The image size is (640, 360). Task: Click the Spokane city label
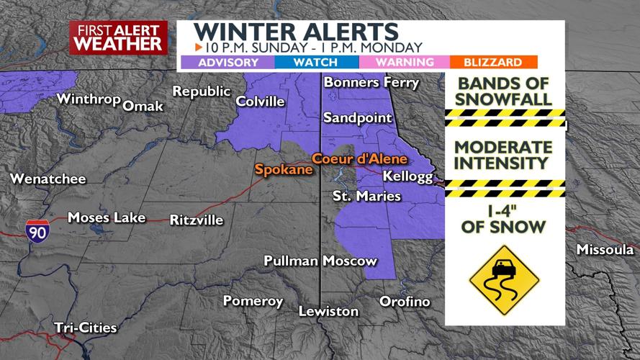pyautogui.click(x=284, y=170)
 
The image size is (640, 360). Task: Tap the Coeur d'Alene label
pyautogui.click(x=359, y=158)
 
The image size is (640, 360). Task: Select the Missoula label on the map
pyautogui.click(x=605, y=250)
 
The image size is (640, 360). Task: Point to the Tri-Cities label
pyautogui.click(x=85, y=328)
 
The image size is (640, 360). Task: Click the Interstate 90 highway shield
pyautogui.click(x=37, y=230)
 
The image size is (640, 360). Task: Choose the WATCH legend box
pyautogui.click(x=315, y=63)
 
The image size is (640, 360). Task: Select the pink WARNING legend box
pyautogui.click(x=405, y=63)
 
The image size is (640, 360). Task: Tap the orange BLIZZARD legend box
pyautogui.click(x=493, y=63)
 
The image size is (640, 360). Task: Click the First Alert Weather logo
pyautogui.click(x=118, y=37)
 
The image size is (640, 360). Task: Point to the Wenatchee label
pyautogui.click(x=48, y=179)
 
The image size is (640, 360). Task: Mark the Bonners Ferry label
pyautogui.click(x=371, y=82)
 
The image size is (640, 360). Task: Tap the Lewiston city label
pyautogui.click(x=329, y=311)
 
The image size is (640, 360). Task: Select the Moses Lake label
pyautogui.click(x=107, y=217)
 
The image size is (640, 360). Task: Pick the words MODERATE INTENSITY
pyautogui.click(x=503, y=156)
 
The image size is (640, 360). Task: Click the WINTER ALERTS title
pyautogui.click(x=296, y=32)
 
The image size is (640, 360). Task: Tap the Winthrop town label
pyautogui.click(x=88, y=99)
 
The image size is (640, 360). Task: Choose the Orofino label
pyautogui.click(x=405, y=301)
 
